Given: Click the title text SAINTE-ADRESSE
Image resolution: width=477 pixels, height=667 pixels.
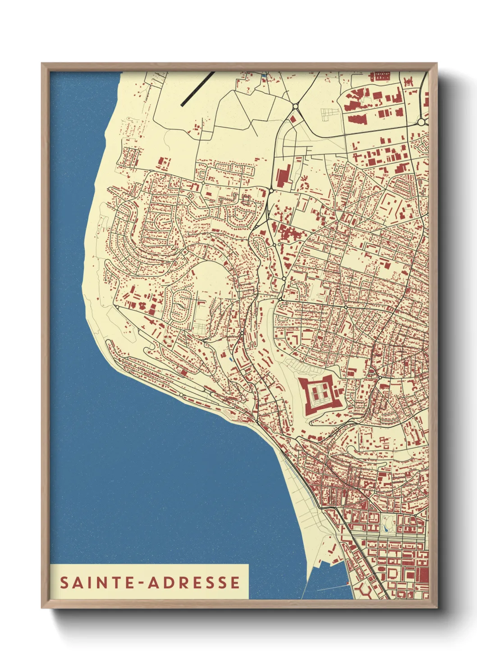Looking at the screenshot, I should pyautogui.click(x=150, y=582).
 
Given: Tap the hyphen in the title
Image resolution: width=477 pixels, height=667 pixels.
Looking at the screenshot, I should pyautogui.click(x=141, y=583).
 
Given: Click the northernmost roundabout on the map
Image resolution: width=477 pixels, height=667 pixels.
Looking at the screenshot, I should pyautogui.click(x=295, y=107).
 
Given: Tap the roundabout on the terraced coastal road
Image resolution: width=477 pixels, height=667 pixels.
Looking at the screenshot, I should pyautogui.click(x=181, y=395).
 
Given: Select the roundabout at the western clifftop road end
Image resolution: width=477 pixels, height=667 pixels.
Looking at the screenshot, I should pyautogui.click(x=117, y=307).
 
